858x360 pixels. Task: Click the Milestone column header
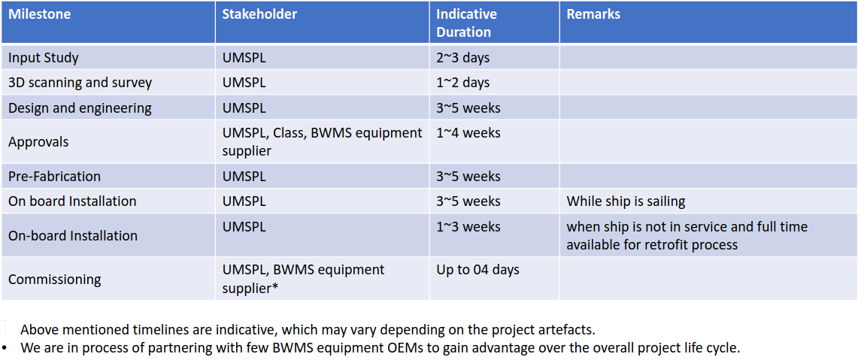click(x=39, y=15)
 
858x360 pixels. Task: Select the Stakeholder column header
click(x=259, y=15)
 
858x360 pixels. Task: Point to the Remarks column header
click(x=593, y=15)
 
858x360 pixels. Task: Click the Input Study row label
click(x=43, y=58)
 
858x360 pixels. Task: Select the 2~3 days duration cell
click(x=463, y=58)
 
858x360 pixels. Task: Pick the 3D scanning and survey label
click(x=80, y=83)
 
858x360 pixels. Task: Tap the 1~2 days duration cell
click(x=463, y=83)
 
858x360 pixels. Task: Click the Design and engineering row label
click(x=80, y=108)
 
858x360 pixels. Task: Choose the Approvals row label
click(x=38, y=142)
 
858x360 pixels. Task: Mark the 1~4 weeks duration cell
click(x=468, y=133)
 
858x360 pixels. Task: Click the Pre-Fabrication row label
click(x=55, y=176)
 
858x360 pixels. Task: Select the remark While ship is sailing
click(x=626, y=201)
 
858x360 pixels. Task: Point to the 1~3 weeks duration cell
click(x=468, y=226)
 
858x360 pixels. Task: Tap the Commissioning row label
click(x=55, y=280)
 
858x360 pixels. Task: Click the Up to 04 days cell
click(x=478, y=270)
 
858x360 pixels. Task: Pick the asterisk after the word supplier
click(x=274, y=286)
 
